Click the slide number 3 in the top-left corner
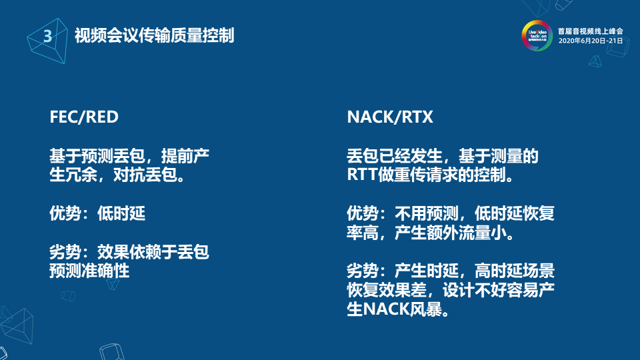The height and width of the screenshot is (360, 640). pos(47,36)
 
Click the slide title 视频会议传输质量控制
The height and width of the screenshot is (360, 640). pos(154,36)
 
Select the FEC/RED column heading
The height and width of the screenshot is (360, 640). pos(84,118)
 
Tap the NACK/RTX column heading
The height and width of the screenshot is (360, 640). pos(390,118)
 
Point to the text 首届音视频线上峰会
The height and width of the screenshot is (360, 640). pos(591,31)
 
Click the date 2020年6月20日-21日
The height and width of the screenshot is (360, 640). pos(591,41)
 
